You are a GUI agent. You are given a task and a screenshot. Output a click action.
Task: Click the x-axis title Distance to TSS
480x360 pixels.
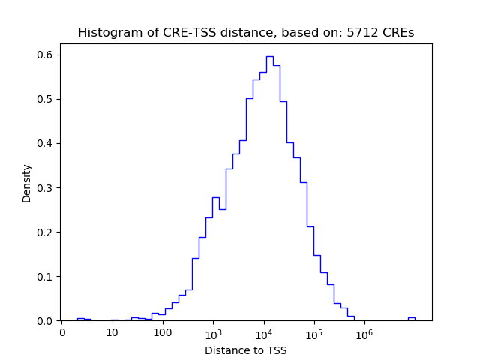[246, 350]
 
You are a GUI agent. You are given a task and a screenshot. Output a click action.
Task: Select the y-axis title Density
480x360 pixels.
[27, 183]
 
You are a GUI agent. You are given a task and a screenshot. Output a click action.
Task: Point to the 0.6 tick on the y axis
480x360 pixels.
[46, 55]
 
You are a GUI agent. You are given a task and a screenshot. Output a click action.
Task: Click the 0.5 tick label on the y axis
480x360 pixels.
[46, 99]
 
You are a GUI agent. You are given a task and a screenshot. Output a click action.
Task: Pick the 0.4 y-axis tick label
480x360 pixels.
[46, 143]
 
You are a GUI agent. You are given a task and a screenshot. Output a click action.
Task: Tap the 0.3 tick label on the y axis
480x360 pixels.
[46, 187]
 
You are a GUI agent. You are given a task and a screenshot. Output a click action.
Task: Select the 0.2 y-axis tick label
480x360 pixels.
[46, 232]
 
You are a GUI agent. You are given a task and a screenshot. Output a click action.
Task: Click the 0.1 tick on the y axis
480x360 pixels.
[46, 276]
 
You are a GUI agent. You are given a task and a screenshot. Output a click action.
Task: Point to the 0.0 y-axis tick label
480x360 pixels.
[46, 320]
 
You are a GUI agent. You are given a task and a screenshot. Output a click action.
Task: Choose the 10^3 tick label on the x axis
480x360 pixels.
[213, 332]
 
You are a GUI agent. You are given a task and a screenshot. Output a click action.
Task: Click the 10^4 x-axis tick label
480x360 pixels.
[263, 332]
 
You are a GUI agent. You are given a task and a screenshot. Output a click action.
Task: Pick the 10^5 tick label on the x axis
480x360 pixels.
[313, 332]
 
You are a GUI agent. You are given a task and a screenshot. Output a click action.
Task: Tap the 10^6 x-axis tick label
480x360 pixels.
[364, 332]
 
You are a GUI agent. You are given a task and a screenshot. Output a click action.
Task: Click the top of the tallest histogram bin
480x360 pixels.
[269, 56]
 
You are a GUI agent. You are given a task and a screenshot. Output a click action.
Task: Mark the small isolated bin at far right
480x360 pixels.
[411, 318]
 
